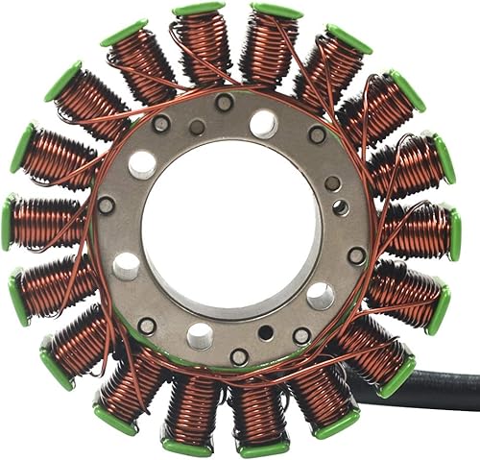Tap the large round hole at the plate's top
[x=262, y=123]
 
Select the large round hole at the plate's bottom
[x=200, y=335]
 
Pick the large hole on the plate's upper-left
[x=142, y=164]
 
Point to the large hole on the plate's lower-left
[x=127, y=266]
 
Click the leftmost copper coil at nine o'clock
[x=44, y=223]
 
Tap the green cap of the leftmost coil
[x=9, y=222]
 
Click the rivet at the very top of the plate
[x=224, y=102]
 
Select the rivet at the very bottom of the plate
[x=239, y=356]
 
